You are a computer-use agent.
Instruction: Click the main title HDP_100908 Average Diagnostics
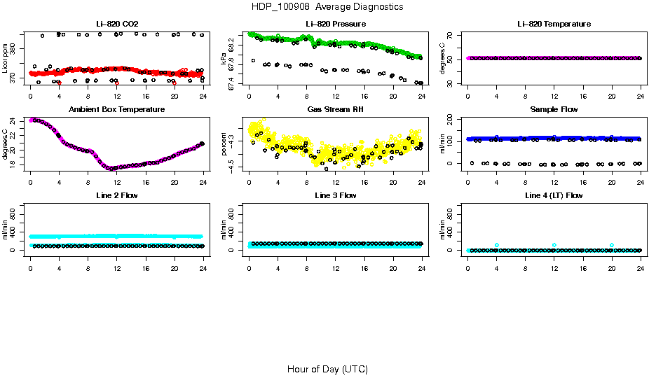tap(328, 6)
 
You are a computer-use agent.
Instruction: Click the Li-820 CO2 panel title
tap(116, 24)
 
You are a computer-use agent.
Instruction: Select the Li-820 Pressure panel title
tap(335, 24)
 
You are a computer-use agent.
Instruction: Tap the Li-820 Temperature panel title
tap(554, 24)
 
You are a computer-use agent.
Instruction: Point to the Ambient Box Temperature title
tap(116, 109)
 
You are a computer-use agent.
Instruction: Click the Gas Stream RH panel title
tap(335, 109)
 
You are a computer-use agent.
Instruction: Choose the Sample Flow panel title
tap(554, 109)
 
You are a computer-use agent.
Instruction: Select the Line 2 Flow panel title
tap(116, 195)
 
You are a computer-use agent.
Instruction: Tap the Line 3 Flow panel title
tap(335, 195)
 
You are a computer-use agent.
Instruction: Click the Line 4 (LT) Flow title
tap(554, 195)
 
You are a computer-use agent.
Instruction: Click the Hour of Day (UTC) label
tap(327, 369)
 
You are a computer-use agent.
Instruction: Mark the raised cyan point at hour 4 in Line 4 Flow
tap(497, 245)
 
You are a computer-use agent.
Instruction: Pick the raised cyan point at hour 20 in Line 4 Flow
tap(612, 245)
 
